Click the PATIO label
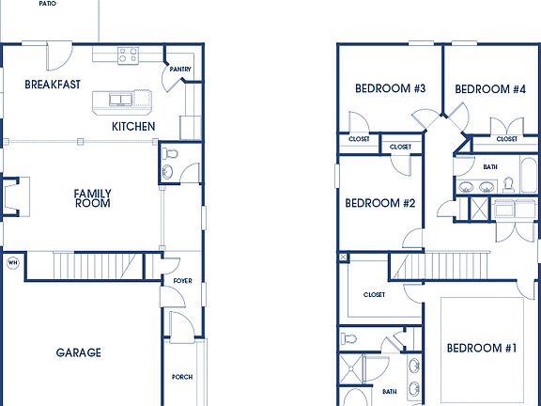click(x=47, y=4)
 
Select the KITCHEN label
click(x=133, y=127)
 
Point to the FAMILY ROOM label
click(x=92, y=198)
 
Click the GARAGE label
click(x=78, y=353)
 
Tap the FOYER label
click(x=182, y=280)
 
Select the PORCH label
click(x=182, y=377)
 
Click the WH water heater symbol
click(x=13, y=262)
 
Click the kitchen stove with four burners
click(x=128, y=56)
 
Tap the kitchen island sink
click(x=121, y=98)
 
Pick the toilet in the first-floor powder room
click(x=170, y=153)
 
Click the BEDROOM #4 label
click(x=489, y=89)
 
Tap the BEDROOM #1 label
click(x=481, y=349)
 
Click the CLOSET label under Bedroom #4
click(x=506, y=139)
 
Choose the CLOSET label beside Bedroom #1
click(x=374, y=295)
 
